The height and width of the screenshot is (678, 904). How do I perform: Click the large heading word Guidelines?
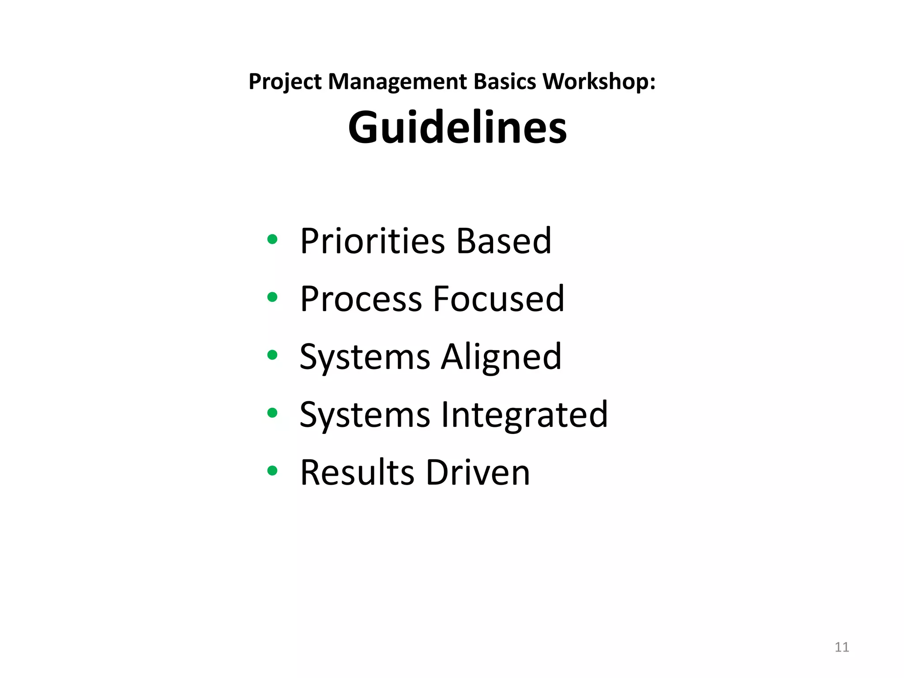pyautogui.click(x=457, y=127)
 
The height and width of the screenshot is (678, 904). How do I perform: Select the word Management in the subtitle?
pyautogui.click(x=397, y=82)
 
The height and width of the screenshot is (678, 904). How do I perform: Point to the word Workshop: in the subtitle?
pyautogui.click(x=599, y=82)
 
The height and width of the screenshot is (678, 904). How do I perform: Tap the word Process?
pyautogui.click(x=361, y=299)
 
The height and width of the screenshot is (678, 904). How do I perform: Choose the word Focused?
pyautogui.click(x=498, y=299)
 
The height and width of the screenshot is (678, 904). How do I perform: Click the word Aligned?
pyautogui.click(x=501, y=357)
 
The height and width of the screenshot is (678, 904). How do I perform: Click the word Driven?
pyautogui.click(x=478, y=472)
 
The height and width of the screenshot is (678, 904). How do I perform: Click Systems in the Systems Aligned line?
pyautogui.click(x=365, y=357)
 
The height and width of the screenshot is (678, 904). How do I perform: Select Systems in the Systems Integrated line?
pyautogui.click(x=365, y=414)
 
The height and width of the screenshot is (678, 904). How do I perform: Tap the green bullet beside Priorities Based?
pyautogui.click(x=272, y=240)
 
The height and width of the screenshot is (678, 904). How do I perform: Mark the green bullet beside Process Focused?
pyautogui.click(x=272, y=298)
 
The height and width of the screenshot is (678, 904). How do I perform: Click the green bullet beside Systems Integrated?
pyautogui.click(x=272, y=413)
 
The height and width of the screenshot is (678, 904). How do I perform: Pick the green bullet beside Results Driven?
pyautogui.click(x=272, y=471)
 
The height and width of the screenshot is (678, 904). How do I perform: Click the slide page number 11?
pyautogui.click(x=842, y=647)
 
